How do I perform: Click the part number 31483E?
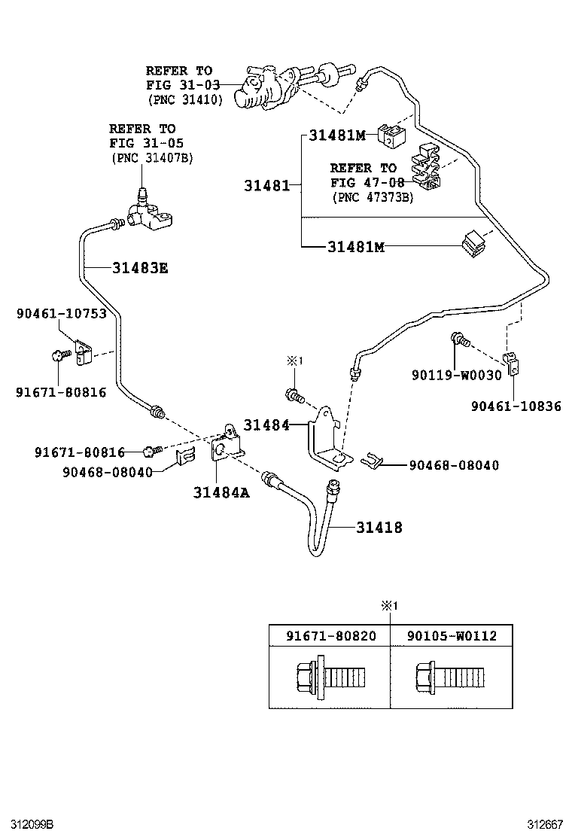coord(140,266)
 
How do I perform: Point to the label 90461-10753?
coord(61,314)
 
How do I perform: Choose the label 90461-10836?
coord(516,406)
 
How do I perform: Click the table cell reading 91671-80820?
coord(330,635)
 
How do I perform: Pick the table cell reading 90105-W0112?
coord(452,635)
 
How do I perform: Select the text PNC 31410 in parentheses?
coord(185,99)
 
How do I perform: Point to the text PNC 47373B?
coord(373,196)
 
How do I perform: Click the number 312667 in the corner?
coord(544,824)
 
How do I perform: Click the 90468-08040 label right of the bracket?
coord(454,466)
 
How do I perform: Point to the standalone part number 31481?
coord(266,185)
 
